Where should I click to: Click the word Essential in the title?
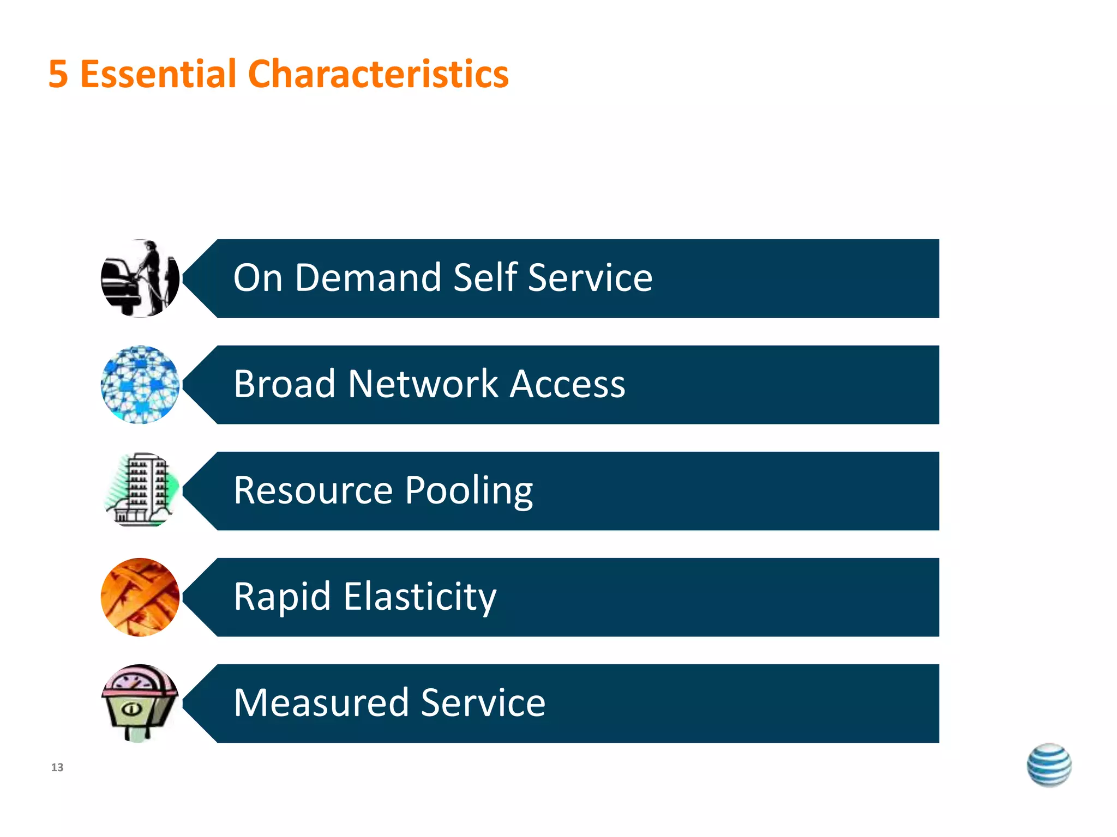click(x=158, y=74)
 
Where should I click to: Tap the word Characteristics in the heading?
click(x=378, y=74)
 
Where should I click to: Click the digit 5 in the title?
click(x=58, y=74)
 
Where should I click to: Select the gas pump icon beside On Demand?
click(x=140, y=278)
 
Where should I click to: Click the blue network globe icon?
click(x=140, y=385)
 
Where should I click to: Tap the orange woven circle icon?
click(x=140, y=597)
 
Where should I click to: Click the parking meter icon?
click(x=140, y=703)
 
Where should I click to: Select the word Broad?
click(x=284, y=384)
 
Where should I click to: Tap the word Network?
click(x=423, y=384)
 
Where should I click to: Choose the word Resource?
click(x=313, y=490)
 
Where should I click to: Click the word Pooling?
click(x=469, y=491)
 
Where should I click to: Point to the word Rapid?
click(x=283, y=597)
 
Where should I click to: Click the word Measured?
click(x=321, y=702)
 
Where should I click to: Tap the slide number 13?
click(x=57, y=767)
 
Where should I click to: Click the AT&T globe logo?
click(x=1049, y=765)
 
